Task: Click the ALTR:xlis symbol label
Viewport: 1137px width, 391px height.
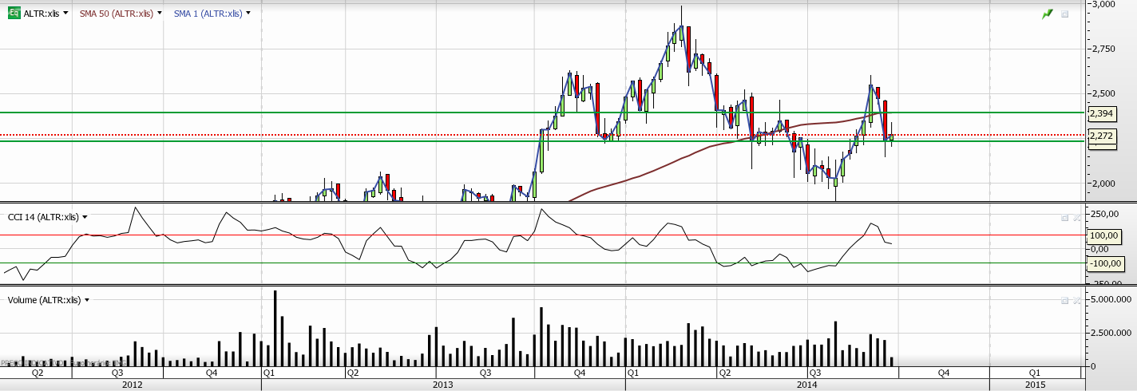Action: click(x=41, y=14)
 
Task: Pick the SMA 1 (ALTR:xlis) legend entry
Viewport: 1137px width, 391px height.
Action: click(x=209, y=14)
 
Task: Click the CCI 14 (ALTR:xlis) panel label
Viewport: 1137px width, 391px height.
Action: click(x=44, y=216)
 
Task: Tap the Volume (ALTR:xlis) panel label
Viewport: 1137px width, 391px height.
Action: click(x=44, y=300)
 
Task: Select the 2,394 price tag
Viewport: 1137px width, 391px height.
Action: click(x=1100, y=113)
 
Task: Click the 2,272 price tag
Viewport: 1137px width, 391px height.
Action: click(x=1100, y=136)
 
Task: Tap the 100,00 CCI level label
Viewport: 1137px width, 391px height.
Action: click(x=1103, y=236)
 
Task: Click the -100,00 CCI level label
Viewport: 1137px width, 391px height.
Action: click(x=1103, y=263)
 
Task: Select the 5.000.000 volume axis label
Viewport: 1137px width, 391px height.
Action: click(x=1111, y=299)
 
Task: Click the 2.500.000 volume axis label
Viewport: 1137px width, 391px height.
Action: click(x=1111, y=333)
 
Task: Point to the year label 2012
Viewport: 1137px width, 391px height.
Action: click(x=132, y=385)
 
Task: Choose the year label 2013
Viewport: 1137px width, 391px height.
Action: click(x=443, y=385)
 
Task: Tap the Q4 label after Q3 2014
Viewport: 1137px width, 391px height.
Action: click(x=943, y=373)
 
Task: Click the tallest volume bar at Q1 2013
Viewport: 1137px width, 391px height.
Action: click(x=275, y=328)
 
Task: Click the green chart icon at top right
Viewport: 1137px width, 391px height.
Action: click(x=1048, y=14)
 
